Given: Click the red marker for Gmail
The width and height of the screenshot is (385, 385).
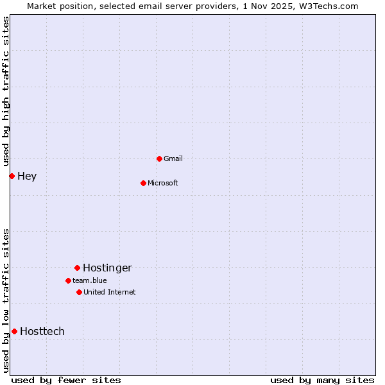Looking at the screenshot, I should click(x=159, y=158).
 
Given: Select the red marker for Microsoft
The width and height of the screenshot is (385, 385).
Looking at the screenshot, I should click(x=144, y=183).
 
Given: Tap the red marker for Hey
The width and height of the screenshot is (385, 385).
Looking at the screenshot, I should click(x=12, y=176).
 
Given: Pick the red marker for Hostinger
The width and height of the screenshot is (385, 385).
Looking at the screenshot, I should click(x=77, y=268).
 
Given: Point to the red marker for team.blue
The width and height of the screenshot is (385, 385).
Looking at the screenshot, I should click(x=68, y=280).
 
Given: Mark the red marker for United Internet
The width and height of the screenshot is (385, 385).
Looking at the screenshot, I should click(x=79, y=292).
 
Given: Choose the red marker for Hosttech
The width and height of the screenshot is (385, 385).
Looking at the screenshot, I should click(x=14, y=331).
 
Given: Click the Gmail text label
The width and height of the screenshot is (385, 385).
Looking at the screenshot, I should click(x=173, y=158).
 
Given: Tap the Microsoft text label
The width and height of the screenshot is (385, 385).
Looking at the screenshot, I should click(x=163, y=183).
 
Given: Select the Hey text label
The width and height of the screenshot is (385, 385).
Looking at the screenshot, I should click(x=27, y=176).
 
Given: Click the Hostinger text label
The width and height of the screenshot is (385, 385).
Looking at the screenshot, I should click(x=107, y=268).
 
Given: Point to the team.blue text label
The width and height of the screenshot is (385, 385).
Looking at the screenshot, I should click(x=90, y=280).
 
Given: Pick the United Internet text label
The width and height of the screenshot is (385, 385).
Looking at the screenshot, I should click(x=110, y=292).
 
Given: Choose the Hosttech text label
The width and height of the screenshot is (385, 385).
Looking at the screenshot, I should click(x=42, y=331).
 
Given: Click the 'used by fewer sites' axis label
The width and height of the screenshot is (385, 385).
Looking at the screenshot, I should click(x=66, y=380).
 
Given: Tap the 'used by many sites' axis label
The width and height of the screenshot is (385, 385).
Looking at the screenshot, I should click(x=322, y=380).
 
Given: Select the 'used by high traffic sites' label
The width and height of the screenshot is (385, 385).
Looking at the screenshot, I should click(x=6, y=92).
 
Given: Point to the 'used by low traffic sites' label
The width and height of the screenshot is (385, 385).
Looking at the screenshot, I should click(x=6, y=300).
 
